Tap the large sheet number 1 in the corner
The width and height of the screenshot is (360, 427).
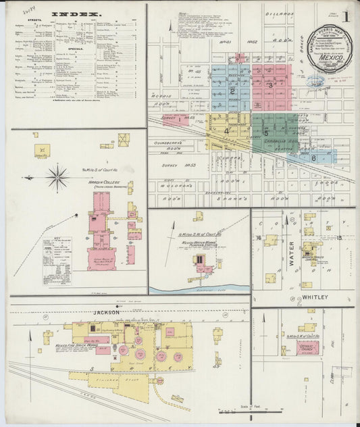tap(346, 14)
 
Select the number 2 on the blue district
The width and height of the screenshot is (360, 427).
tap(232, 90)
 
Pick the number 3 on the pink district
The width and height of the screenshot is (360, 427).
tap(269, 85)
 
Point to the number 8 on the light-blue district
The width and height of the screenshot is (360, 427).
tap(314, 157)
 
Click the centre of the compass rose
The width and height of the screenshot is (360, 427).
tap(58, 178)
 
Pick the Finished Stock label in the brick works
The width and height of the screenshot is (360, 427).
tap(122, 389)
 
